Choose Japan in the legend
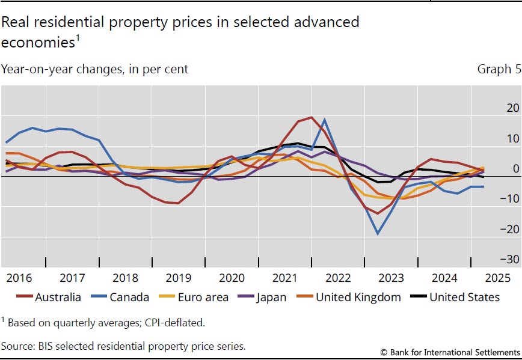(269, 297)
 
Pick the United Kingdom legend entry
(358, 297)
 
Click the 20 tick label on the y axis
(512, 108)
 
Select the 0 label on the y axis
(515, 169)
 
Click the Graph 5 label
(497, 69)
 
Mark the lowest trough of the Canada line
(378, 234)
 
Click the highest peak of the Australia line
(311, 117)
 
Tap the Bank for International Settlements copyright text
(450, 352)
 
